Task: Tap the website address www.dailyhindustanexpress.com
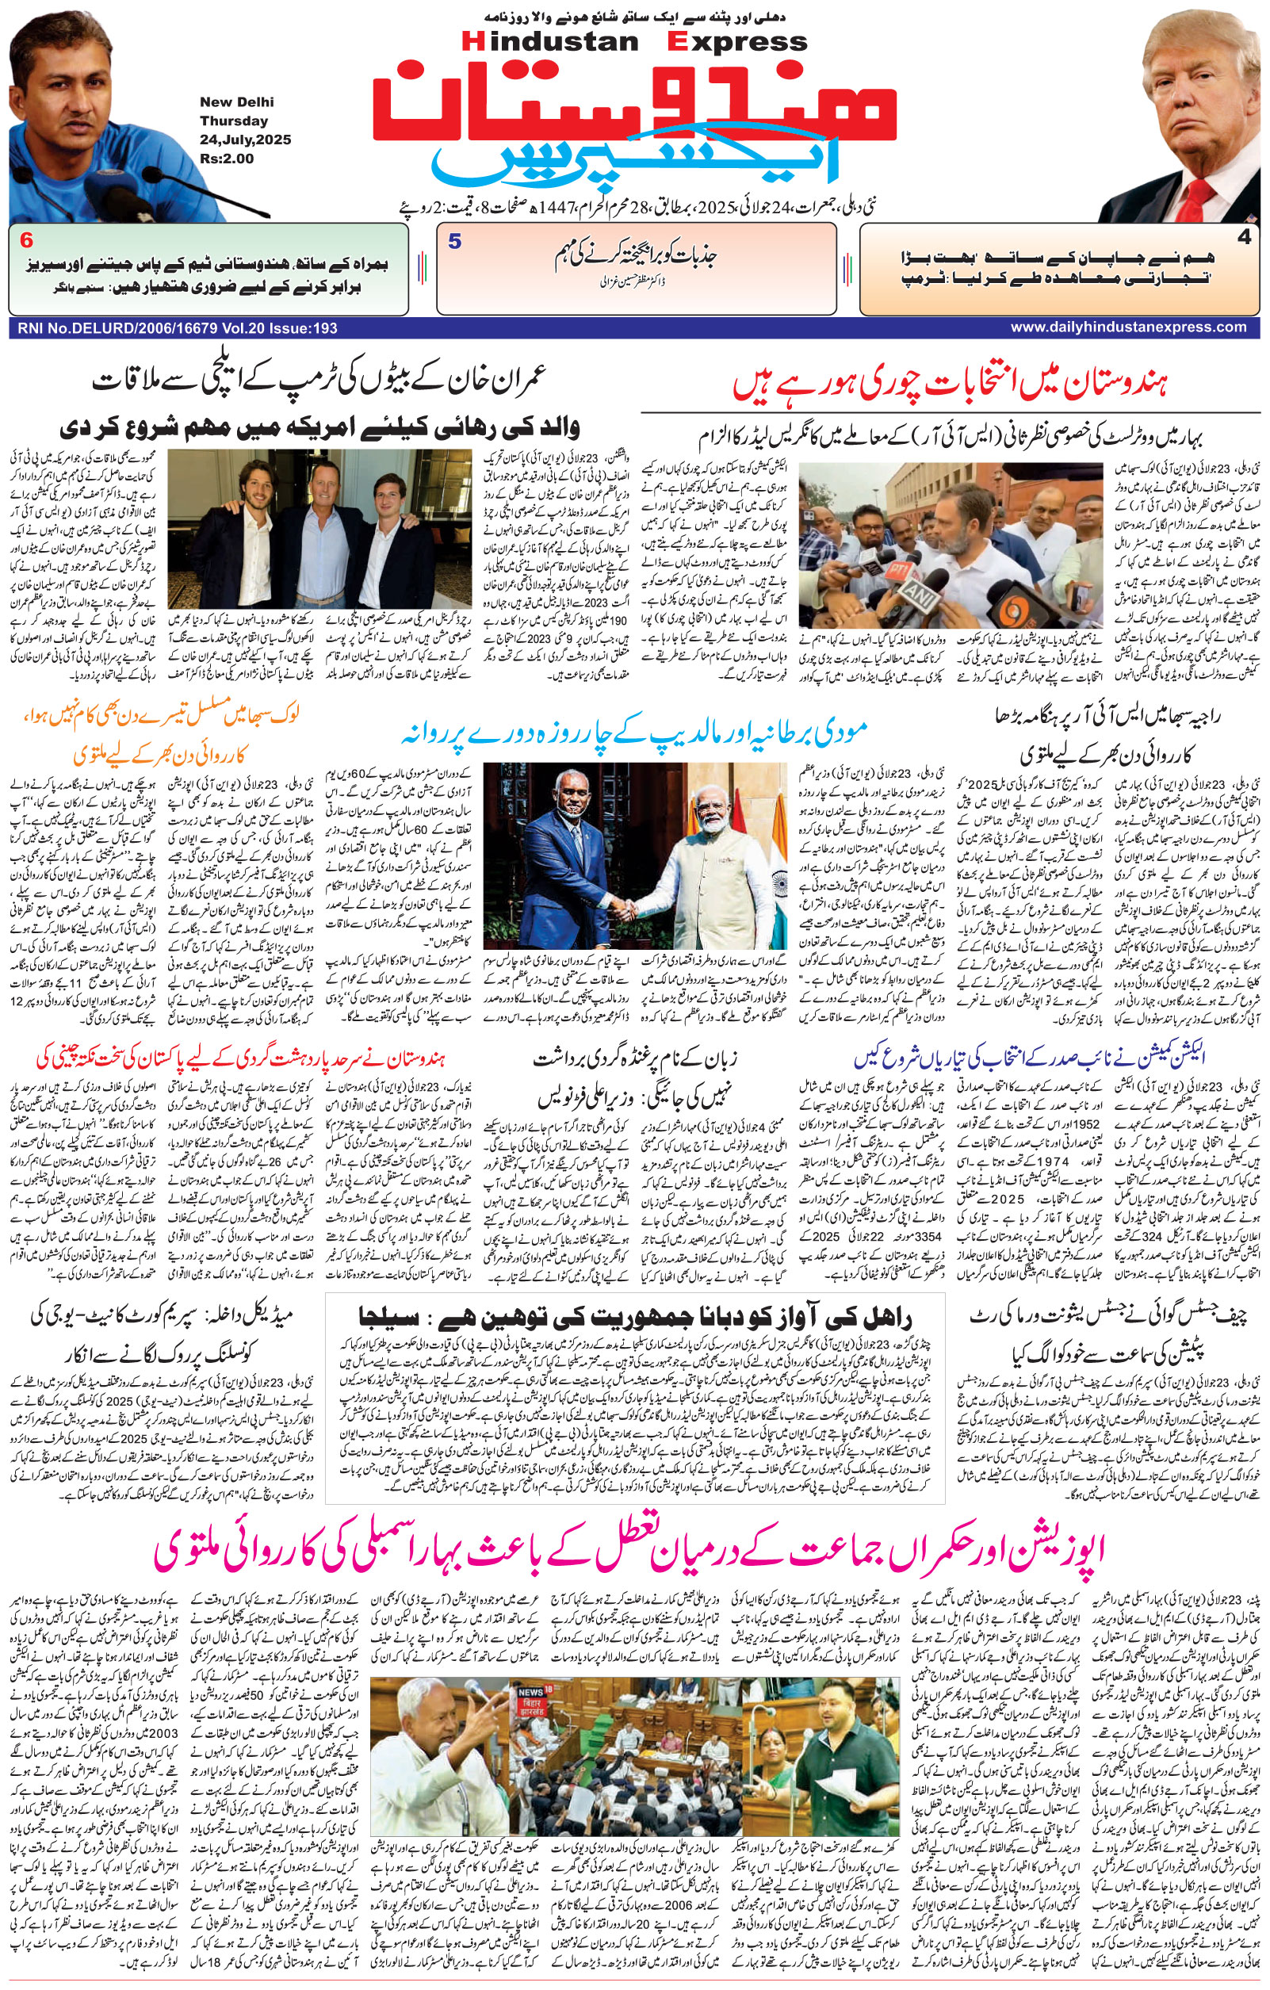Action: click(1128, 327)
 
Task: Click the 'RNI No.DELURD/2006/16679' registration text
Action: click(116, 328)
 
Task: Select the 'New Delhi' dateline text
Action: click(236, 102)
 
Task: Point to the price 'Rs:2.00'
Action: click(227, 159)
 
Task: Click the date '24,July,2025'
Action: click(245, 140)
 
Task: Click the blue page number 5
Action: click(454, 242)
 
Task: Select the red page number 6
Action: click(26, 240)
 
